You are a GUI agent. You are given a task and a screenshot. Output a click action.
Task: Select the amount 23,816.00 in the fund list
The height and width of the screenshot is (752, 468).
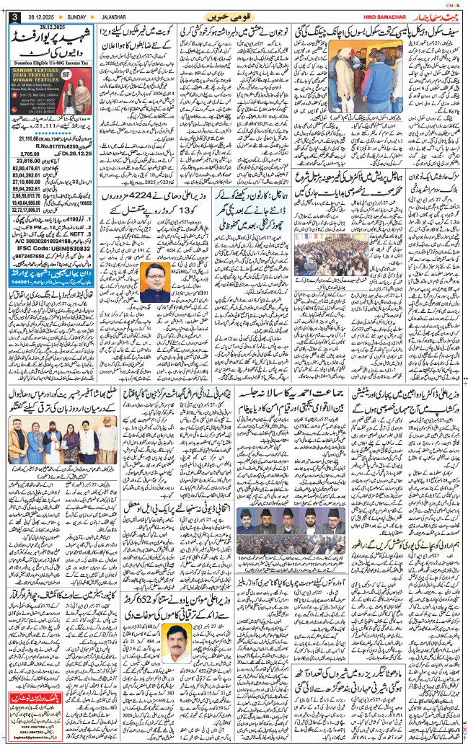(x=30, y=161)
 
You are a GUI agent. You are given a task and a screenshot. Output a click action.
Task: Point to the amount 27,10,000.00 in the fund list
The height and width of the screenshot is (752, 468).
(x=30, y=182)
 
